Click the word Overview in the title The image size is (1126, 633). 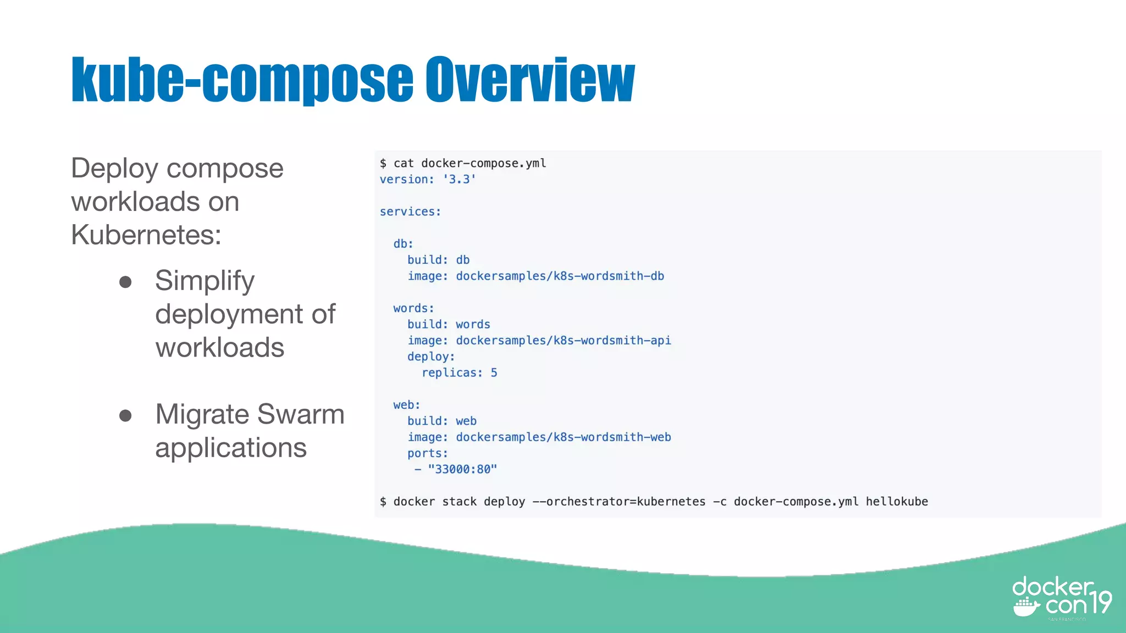(x=530, y=80)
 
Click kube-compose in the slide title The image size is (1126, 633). (x=242, y=80)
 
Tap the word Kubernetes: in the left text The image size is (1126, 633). (x=146, y=235)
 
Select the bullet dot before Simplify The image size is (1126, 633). (x=125, y=282)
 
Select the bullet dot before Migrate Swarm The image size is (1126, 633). (x=125, y=415)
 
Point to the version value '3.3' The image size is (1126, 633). (x=459, y=180)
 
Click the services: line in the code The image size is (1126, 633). (x=410, y=212)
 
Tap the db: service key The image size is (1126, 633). (x=403, y=244)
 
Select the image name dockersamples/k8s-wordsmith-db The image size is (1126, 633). (x=560, y=276)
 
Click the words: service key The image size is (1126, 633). (x=413, y=308)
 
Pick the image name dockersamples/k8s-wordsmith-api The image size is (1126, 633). (x=563, y=341)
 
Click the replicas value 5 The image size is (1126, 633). (x=494, y=373)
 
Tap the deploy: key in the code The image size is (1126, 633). (x=431, y=357)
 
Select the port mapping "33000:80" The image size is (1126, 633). (x=462, y=469)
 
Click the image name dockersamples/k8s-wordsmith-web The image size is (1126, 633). (x=563, y=437)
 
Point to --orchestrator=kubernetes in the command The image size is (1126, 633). (x=619, y=502)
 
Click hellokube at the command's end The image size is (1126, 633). (x=897, y=502)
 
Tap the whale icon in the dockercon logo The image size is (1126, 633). (x=1026, y=608)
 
